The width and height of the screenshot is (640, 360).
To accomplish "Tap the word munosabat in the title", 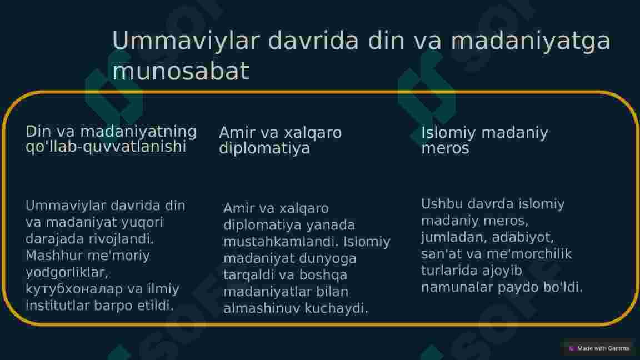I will pos(181,72).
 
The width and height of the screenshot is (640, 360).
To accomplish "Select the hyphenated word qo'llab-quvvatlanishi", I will pos(106,147).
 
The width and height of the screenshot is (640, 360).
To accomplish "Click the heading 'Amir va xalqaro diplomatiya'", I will pos(280,141).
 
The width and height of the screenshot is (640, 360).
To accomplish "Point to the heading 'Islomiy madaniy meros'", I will pos(484,141).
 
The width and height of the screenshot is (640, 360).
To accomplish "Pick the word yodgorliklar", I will pos(66,273).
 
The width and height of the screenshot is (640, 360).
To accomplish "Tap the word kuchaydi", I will pos(340,309).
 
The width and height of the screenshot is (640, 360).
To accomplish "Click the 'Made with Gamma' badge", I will pos(599,348).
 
